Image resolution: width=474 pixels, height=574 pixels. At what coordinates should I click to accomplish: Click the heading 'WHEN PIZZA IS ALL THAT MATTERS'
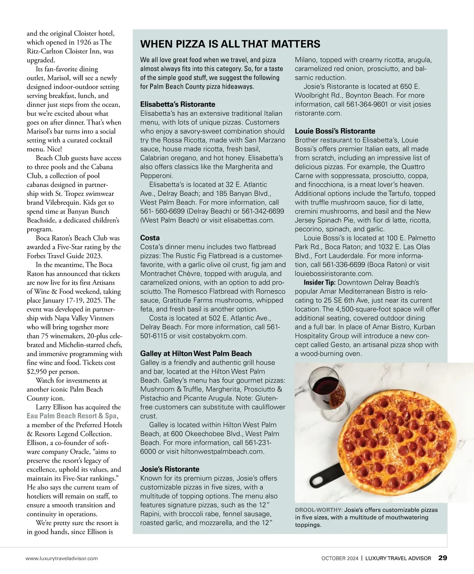click(230, 44)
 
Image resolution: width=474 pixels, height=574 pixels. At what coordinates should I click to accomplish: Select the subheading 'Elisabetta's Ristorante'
click(177, 104)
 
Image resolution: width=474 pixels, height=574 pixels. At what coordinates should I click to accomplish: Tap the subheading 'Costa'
click(150, 238)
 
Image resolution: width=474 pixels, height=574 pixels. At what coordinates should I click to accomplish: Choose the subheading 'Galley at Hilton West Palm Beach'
click(196, 353)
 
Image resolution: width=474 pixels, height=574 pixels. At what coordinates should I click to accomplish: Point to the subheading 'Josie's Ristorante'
click(169, 469)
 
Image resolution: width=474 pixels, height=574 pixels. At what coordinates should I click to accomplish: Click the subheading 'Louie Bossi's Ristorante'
click(335, 131)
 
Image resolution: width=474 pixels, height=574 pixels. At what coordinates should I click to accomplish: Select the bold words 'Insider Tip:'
click(320, 282)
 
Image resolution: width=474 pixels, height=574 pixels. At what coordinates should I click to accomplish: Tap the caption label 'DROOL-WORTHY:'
click(318, 510)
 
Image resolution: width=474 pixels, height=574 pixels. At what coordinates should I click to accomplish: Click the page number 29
click(443, 558)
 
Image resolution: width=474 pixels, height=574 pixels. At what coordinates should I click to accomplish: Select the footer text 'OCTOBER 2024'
click(340, 558)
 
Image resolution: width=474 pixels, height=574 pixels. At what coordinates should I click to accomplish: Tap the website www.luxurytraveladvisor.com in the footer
click(62, 558)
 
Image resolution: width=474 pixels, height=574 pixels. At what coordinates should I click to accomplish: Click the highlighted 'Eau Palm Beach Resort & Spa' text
click(71, 416)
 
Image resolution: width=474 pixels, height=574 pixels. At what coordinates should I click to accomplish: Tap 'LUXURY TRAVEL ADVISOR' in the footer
click(398, 558)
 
